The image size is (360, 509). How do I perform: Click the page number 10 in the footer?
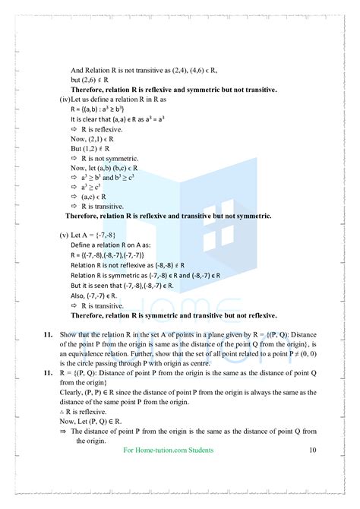click(x=313, y=451)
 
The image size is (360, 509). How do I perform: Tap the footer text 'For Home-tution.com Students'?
click(x=168, y=451)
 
